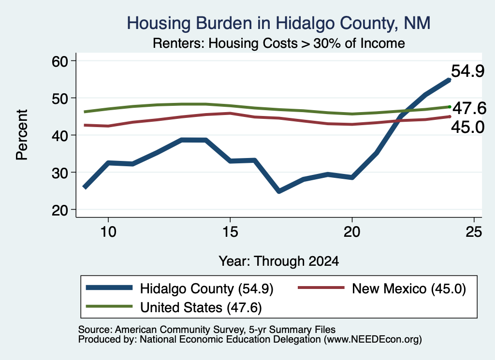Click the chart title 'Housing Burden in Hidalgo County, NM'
point(278,23)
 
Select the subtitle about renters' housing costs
point(279,43)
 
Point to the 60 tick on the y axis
point(60,61)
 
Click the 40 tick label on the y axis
point(60,135)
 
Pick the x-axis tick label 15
point(230,232)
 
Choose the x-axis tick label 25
point(474,232)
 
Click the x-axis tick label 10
point(108,232)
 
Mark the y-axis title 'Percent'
point(22,135)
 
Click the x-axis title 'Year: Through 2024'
point(279,261)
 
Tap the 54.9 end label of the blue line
point(467,71)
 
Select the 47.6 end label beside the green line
point(469,109)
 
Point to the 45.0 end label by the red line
point(467,128)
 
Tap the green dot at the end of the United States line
point(450,107)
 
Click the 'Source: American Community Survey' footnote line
point(207,330)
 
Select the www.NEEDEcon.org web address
point(373,339)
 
